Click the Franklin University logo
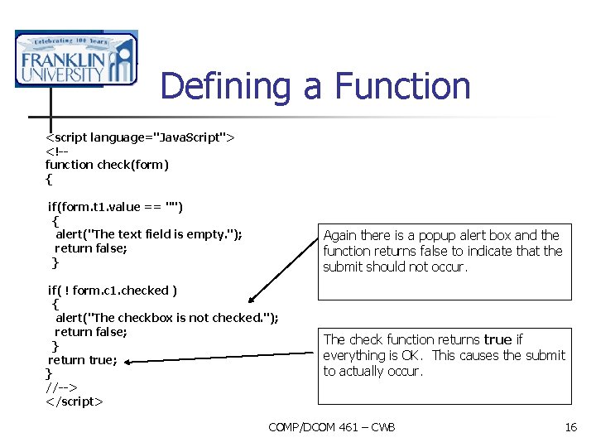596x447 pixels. tap(75, 59)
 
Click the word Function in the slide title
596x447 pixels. tap(402, 86)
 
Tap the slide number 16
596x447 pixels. tap(570, 427)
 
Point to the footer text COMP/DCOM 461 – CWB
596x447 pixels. tap(332, 427)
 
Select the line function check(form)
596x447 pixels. tap(107, 164)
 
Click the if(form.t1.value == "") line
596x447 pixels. tap(115, 206)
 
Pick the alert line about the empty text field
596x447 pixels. tap(148, 234)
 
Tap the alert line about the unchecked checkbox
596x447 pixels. tap(166, 318)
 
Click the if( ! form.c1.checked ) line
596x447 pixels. tap(113, 290)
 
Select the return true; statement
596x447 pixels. tap(83, 360)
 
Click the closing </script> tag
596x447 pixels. tap(74, 401)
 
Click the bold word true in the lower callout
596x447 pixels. tap(497, 339)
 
